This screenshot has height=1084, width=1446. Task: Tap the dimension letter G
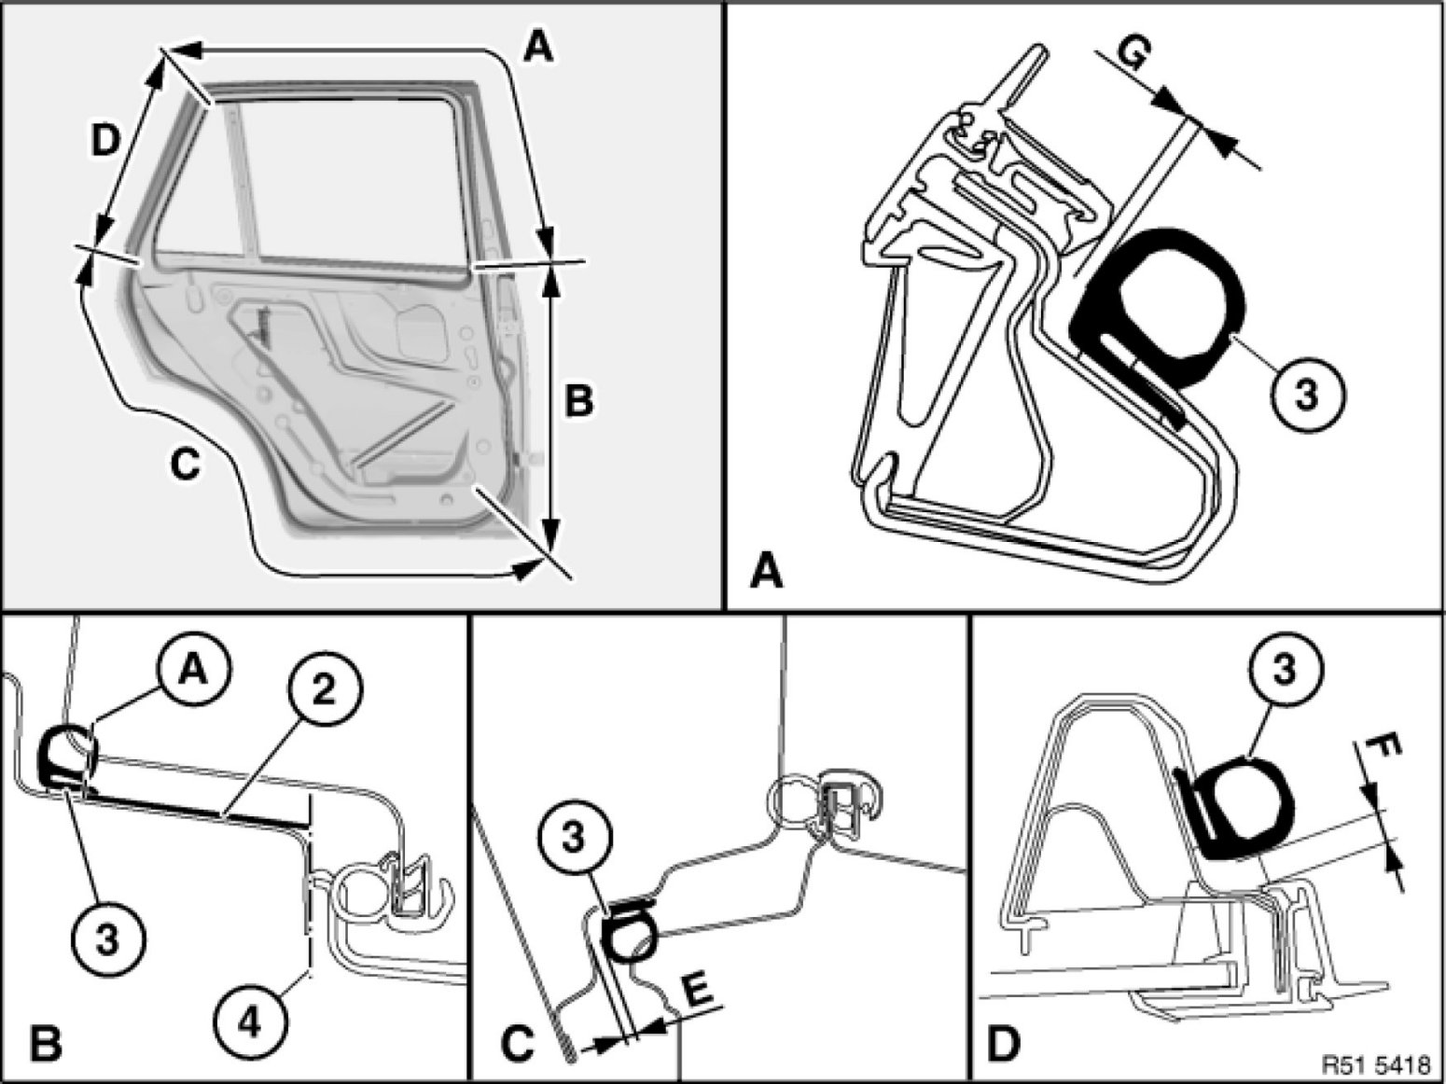point(1131,55)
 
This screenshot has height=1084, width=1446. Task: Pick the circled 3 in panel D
point(1284,672)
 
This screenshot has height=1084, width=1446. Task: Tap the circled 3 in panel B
point(108,939)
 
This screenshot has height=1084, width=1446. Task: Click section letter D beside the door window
point(105,142)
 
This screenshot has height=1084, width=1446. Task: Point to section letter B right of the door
point(577,401)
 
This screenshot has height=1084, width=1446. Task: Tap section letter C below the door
point(186,463)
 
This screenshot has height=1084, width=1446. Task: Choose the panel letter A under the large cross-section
point(767,570)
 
